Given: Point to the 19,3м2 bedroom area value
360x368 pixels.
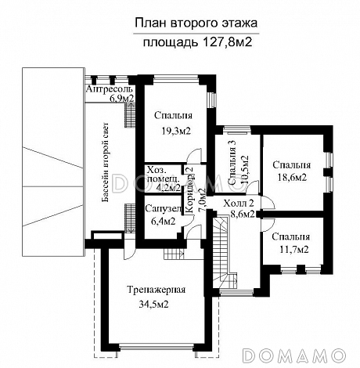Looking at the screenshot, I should coord(167,131).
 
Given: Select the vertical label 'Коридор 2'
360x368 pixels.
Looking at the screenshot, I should coord(190,188).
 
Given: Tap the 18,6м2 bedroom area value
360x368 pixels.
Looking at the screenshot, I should coord(290,178).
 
